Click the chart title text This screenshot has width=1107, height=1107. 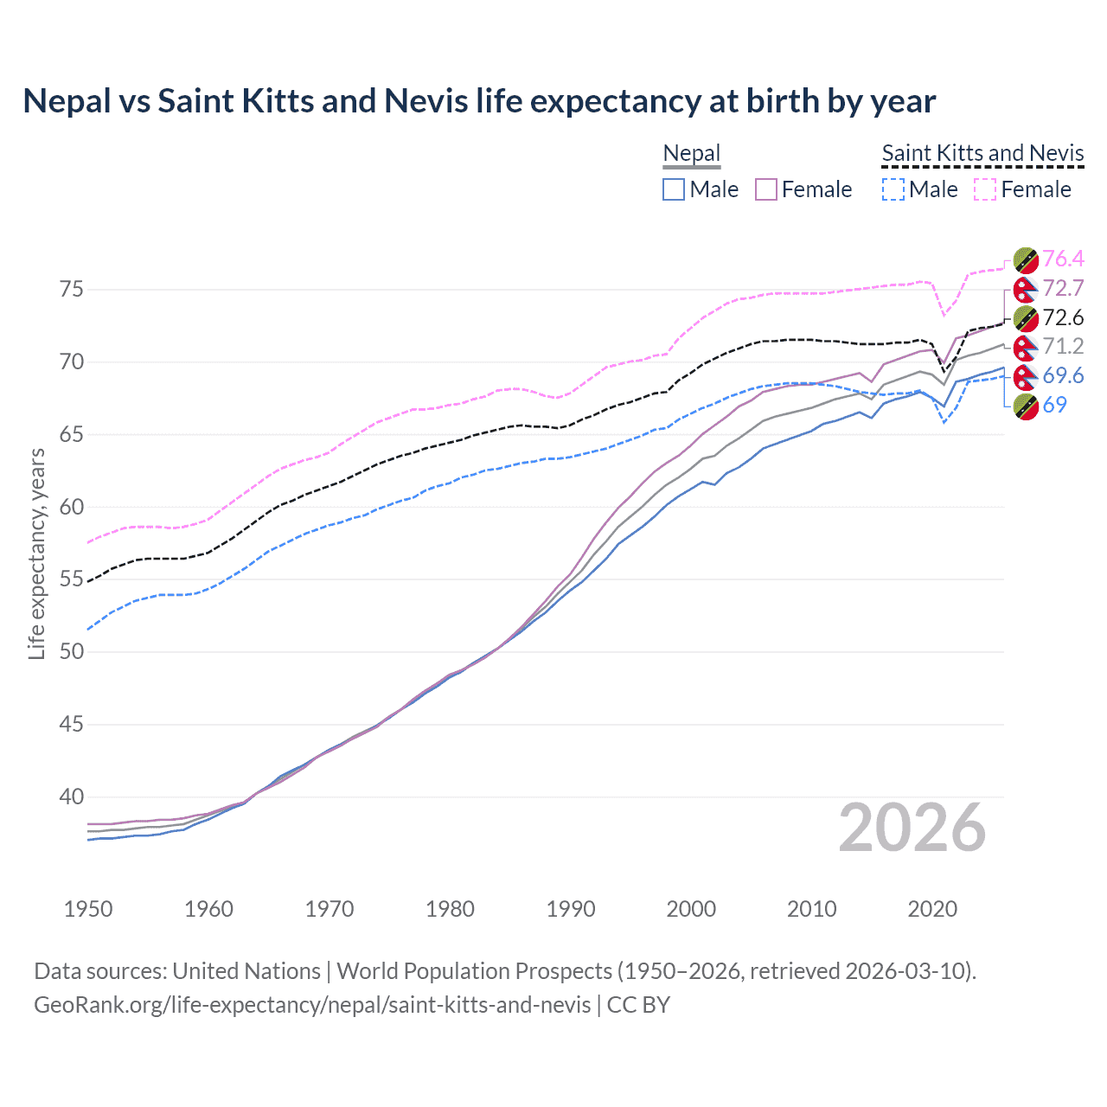pyautogui.click(x=479, y=101)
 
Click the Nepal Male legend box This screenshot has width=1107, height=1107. pyautogui.click(x=674, y=189)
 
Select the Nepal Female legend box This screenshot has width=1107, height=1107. pyautogui.click(x=766, y=189)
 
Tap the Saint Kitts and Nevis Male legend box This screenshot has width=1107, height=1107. pyautogui.click(x=893, y=189)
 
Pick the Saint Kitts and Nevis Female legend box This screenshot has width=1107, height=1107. pyautogui.click(x=985, y=189)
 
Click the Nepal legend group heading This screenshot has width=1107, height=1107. pyautogui.click(x=691, y=154)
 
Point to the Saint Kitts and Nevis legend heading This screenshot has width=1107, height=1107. pyautogui.click(x=982, y=154)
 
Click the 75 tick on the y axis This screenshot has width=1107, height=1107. pyautogui.click(x=72, y=289)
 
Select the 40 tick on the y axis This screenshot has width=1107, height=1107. pyautogui.click(x=72, y=797)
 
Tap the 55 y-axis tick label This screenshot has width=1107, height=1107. pyautogui.click(x=72, y=579)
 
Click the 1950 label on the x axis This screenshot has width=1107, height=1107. pyautogui.click(x=88, y=909)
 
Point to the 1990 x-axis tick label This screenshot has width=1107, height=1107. pyautogui.click(x=571, y=909)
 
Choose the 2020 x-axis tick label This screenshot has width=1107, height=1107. pyautogui.click(x=932, y=909)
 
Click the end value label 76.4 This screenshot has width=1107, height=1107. pyautogui.click(x=1063, y=259)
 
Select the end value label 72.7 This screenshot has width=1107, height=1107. pyautogui.click(x=1063, y=288)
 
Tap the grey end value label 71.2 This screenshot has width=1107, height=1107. pyautogui.click(x=1063, y=347)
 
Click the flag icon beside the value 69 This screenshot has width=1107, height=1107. pyautogui.click(x=1026, y=406)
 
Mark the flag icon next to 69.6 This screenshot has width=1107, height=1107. pyautogui.click(x=1026, y=376)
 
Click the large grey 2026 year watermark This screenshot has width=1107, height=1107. pyautogui.click(x=912, y=828)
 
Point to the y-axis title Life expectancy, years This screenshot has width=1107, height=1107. pyautogui.click(x=37, y=553)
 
